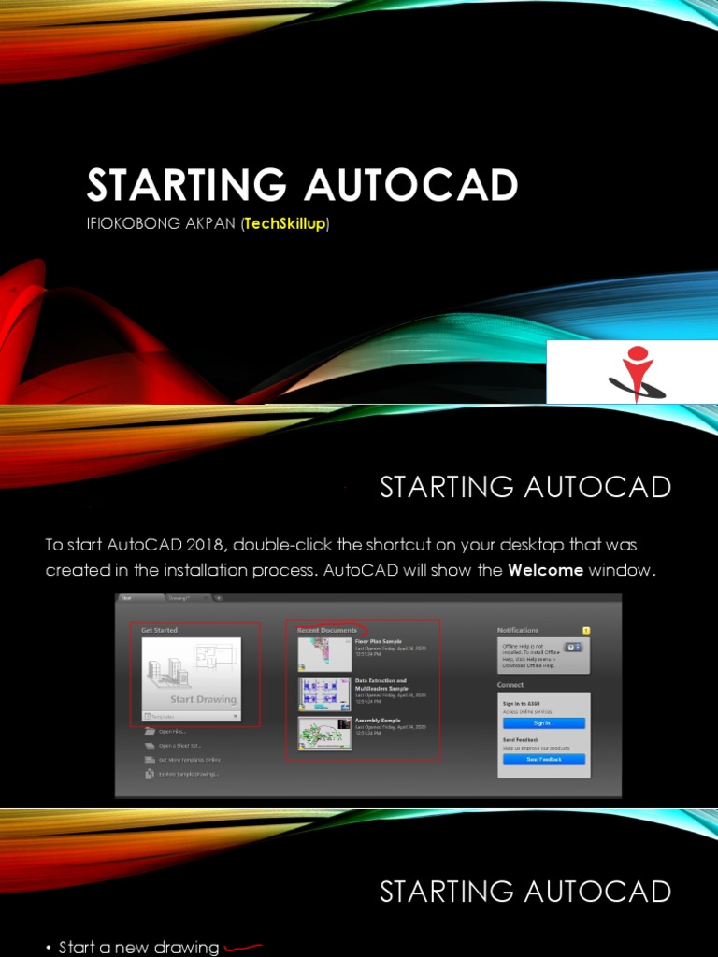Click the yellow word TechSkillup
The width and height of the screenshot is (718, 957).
(284, 225)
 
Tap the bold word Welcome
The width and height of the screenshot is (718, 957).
(545, 570)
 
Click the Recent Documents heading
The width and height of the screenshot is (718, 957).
(326, 630)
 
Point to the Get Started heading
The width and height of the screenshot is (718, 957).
(159, 630)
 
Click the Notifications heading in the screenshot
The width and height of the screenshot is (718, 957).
(518, 630)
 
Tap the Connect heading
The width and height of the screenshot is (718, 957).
(510, 685)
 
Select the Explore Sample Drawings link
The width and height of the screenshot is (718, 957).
(188, 774)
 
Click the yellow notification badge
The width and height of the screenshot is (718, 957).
(586, 630)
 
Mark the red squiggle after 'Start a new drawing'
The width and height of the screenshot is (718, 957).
(241, 948)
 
